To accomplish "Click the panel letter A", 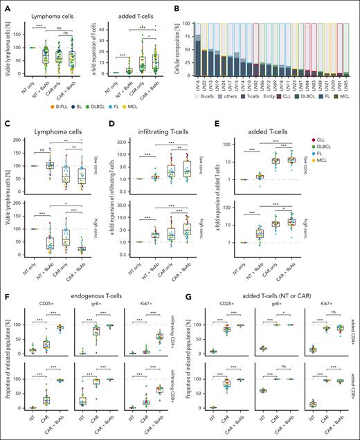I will (6, 5).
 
